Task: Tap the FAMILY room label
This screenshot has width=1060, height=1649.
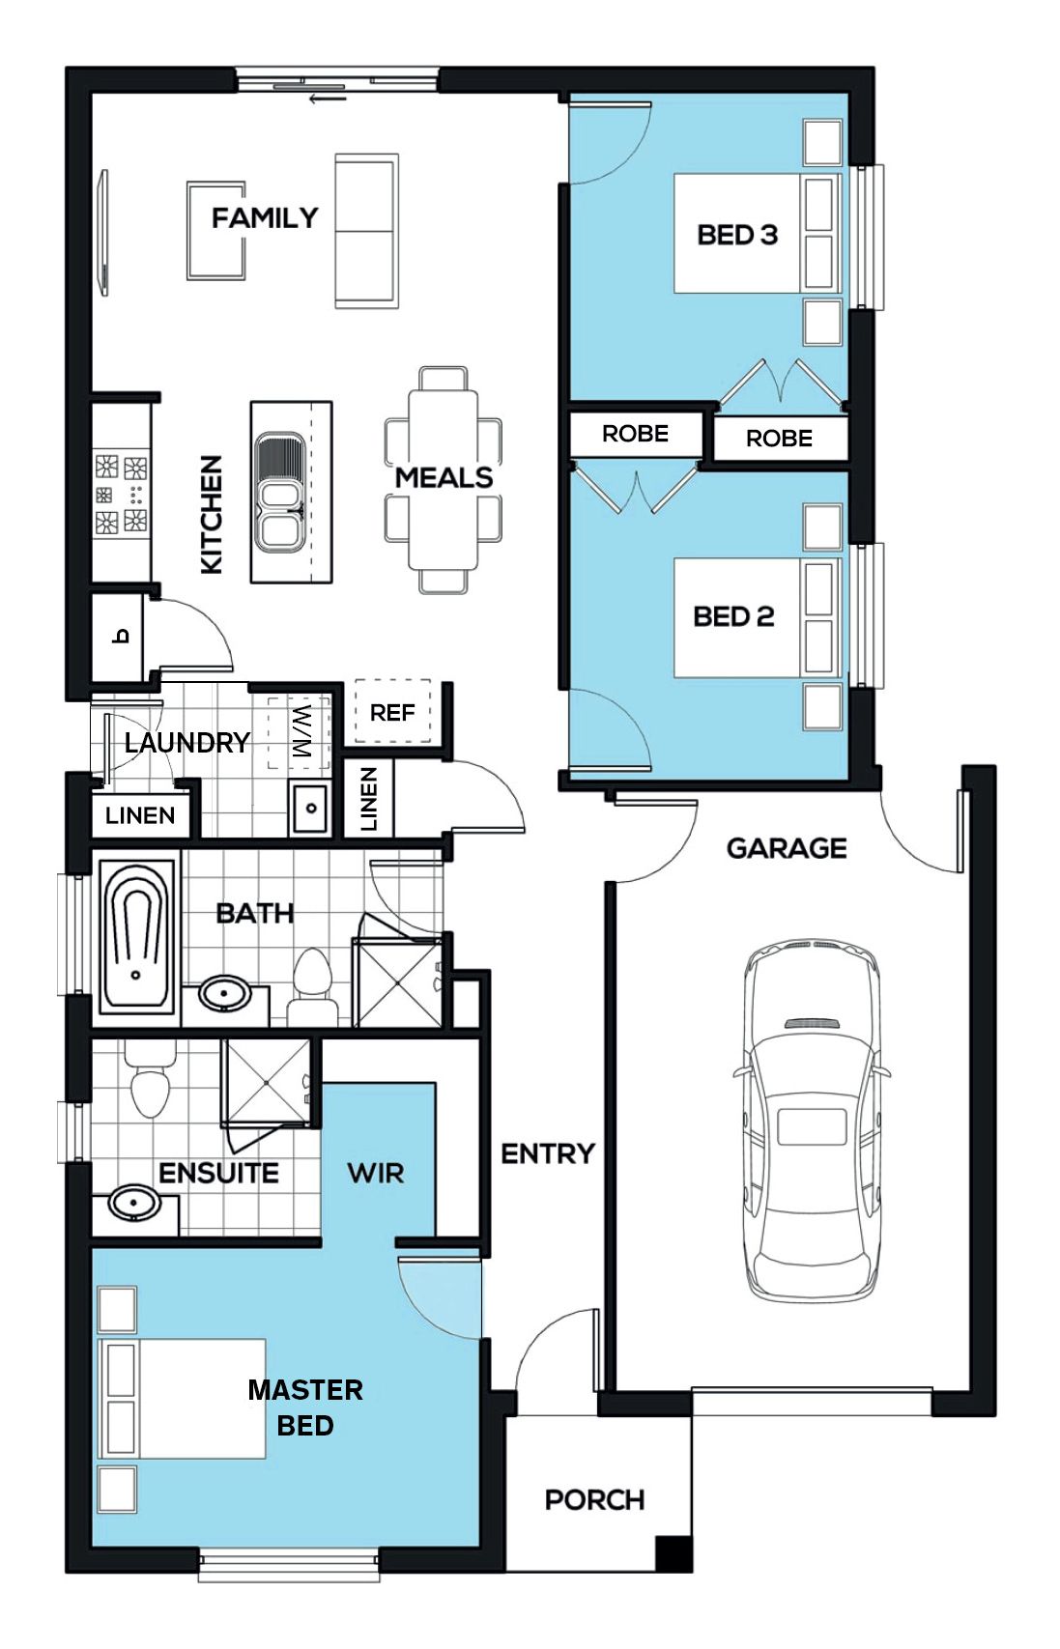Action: coord(264,218)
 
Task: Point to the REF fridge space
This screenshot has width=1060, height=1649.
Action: coord(392,712)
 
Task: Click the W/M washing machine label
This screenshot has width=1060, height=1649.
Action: coord(302,732)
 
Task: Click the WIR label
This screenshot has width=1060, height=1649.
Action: coord(376,1173)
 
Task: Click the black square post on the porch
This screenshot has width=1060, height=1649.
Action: coord(673,1552)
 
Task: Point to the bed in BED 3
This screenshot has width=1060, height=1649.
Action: coord(758,234)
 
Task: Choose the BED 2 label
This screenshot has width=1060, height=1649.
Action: coord(733,616)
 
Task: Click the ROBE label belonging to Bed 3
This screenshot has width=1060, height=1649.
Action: coord(779,439)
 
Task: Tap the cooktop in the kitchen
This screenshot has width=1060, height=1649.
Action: coord(121,494)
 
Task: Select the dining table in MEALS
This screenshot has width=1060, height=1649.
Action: coord(444,480)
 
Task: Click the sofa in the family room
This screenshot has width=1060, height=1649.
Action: coord(366,231)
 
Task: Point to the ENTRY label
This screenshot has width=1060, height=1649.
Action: coord(548,1153)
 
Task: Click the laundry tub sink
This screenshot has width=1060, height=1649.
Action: coord(310,808)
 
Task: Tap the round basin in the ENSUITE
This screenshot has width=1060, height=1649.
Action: coord(134,1203)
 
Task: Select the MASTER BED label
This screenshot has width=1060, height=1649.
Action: coord(305,1407)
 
